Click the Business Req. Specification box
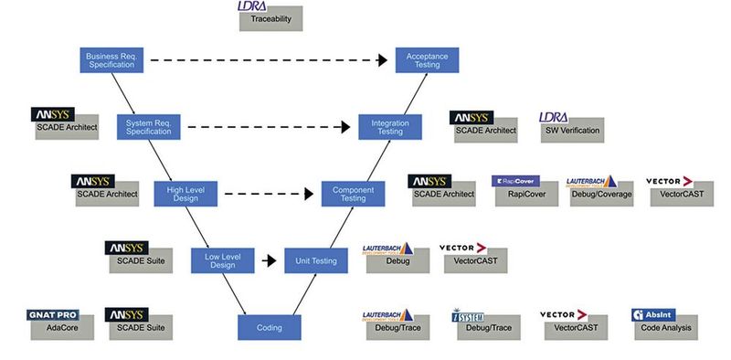point(111,61)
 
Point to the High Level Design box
point(186,194)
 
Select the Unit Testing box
point(317,260)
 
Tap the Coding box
point(270,327)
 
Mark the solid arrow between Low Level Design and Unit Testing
point(270,260)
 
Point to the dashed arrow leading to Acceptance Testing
point(265,61)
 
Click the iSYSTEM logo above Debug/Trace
point(472,316)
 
